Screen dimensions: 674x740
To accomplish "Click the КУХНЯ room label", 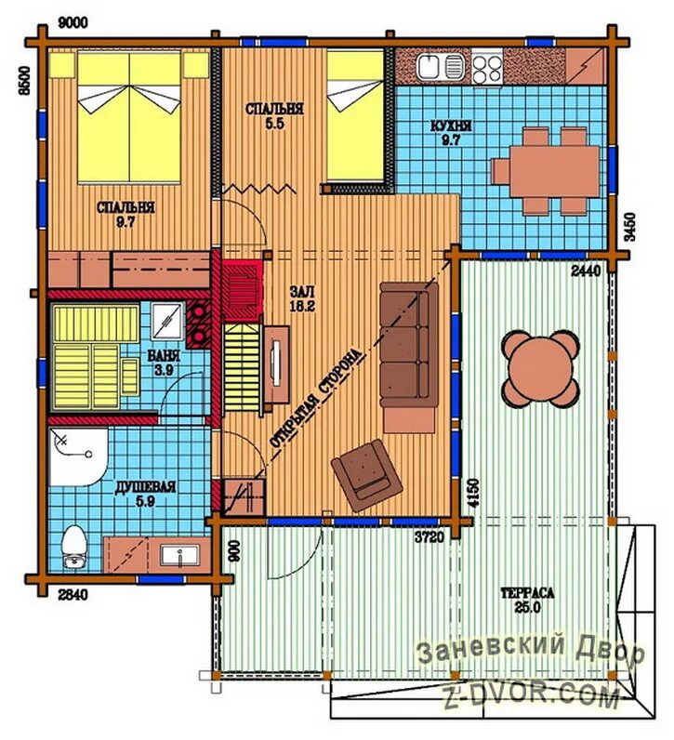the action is coord(451,126).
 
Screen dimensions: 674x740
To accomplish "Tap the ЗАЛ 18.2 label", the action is coord(302,298).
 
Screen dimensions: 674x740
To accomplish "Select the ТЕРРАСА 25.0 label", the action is coord(527,600).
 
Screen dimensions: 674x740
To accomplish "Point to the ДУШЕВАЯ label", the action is coord(145,486).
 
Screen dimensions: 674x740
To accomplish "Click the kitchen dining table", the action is coord(547,171).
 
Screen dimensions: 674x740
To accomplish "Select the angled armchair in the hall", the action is coord(366,476).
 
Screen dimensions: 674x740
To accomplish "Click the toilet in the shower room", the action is coord(74,548).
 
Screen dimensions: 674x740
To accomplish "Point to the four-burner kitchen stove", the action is coord(487,69).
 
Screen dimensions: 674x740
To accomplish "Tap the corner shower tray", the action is coord(78,456).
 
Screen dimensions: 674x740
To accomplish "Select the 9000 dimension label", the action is coord(73,22).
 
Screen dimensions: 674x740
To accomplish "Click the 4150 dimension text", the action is coord(473,493).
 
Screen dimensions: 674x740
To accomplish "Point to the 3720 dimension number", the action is coord(429,536).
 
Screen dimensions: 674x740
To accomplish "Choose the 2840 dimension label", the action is coord(73,595).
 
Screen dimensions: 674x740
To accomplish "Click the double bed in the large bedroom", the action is coord(129,117).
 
